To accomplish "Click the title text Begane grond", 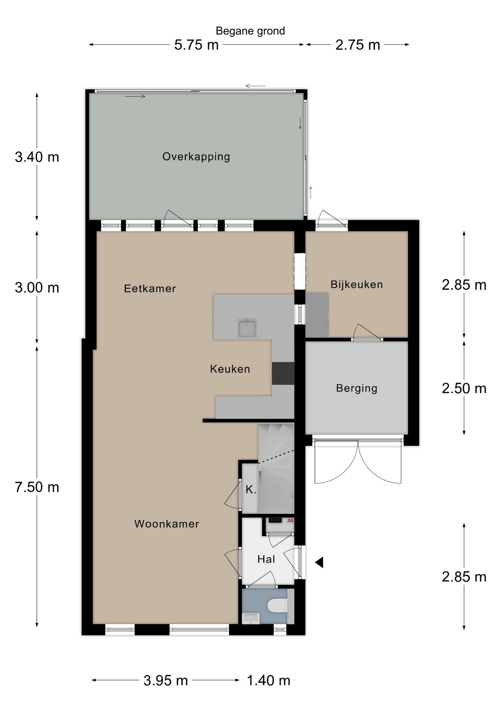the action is point(250,31).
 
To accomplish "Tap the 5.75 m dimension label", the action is point(196,45).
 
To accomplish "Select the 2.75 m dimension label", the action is point(357,45).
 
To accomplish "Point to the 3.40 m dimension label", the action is point(37,157).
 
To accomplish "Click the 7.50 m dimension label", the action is point(37,487).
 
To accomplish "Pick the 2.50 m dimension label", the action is point(464,388).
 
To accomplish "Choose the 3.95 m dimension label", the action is point(166,680).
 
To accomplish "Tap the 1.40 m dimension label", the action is point(268,680).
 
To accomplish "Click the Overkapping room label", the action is point(196,157).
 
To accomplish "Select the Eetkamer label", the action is point(150,288).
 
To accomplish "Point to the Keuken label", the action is point(230,369).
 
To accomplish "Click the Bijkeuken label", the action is point(356,284).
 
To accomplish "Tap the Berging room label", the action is point(356,388).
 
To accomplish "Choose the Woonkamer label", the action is point(167,524).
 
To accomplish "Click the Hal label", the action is point(266,559).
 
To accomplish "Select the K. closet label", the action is point(251,490).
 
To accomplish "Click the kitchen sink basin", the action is point(247,328).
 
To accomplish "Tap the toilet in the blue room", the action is point(277,606).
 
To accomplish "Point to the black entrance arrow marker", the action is point(319,562).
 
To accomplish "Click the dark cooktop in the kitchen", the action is point(283,373).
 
